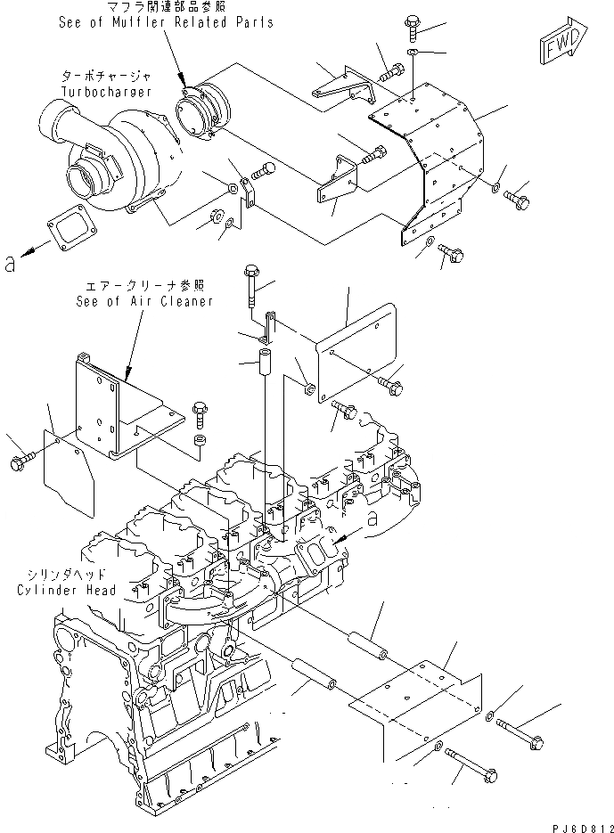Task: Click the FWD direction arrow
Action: (x=562, y=42)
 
